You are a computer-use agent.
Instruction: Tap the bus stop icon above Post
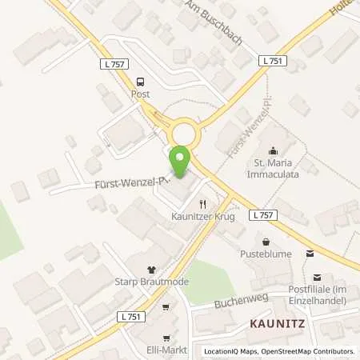(x=141, y=81)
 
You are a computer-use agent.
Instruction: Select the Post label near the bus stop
(x=141, y=94)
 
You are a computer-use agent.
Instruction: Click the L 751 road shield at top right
(x=273, y=60)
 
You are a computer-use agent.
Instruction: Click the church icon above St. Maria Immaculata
(x=274, y=150)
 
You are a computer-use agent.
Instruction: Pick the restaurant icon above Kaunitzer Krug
(x=202, y=204)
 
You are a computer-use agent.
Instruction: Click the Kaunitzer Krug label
(x=202, y=217)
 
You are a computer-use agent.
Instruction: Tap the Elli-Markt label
(x=166, y=350)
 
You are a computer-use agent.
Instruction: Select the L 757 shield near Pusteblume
(x=263, y=215)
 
